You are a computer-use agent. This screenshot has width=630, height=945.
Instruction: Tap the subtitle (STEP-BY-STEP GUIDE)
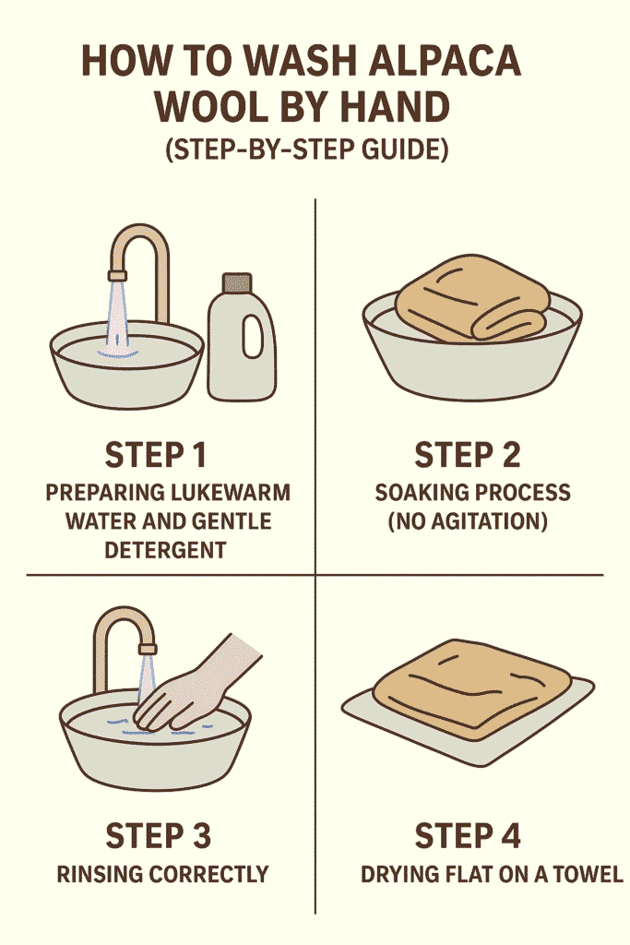(306, 150)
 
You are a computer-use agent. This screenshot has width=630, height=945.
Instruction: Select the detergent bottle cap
(236, 282)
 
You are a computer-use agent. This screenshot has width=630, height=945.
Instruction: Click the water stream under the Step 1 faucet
(118, 314)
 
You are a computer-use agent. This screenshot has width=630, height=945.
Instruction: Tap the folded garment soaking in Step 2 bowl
(470, 297)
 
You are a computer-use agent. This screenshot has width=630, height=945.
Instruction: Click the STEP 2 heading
(468, 455)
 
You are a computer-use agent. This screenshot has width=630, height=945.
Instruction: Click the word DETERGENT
(156, 552)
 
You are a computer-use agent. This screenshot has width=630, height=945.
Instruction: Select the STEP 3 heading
(159, 835)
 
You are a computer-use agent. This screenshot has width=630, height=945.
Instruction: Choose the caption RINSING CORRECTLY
(162, 873)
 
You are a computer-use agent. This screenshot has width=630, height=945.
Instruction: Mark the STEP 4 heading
(468, 835)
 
